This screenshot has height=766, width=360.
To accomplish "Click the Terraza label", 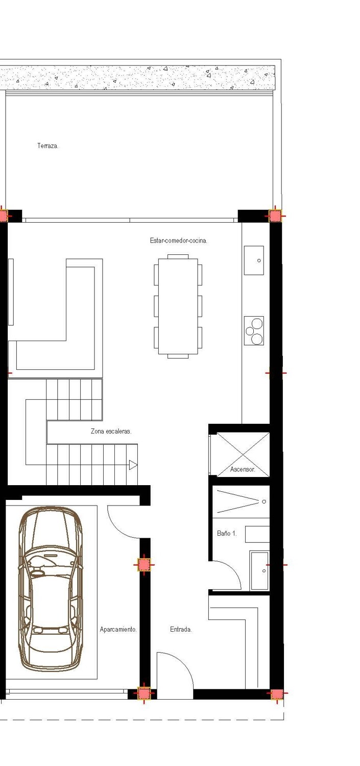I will pos(47,146).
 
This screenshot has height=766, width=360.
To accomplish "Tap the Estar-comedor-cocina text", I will pos(178,241).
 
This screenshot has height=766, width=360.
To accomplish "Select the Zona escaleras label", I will pos(111,432).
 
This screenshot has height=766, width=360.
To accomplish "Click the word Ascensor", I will pos(243,469).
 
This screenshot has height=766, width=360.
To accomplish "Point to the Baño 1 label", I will pos(227,533).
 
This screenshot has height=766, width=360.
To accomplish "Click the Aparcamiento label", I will pos(118,630).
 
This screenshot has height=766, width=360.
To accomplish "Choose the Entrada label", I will pos(181,630).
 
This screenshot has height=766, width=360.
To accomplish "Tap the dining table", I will pos(178,306).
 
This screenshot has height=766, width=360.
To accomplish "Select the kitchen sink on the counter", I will pos(254,260).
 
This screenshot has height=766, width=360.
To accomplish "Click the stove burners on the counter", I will pos(254,330).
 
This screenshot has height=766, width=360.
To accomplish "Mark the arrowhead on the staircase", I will pos(133,465).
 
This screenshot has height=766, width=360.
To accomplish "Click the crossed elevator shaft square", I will pos(243,454).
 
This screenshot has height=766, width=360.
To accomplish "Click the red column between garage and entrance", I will pos(144,564).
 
